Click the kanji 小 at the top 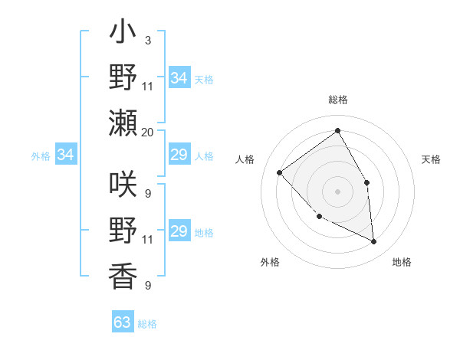(123, 36)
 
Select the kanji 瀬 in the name (123, 123)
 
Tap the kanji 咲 (123, 184)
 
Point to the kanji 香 (123, 273)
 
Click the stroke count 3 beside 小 (147, 40)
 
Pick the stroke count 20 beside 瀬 (147, 132)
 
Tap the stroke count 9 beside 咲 (147, 193)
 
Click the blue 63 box (123, 322)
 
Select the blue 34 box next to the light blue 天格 (179, 77)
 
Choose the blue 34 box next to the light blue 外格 (65, 155)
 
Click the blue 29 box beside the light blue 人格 (179, 155)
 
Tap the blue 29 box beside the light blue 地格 (179, 231)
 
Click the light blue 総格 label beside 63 (147, 324)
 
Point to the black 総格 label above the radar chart (337, 100)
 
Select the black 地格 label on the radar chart (402, 263)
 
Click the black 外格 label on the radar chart (270, 263)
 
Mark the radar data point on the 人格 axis (280, 172)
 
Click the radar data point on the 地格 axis (374, 242)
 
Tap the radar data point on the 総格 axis (337, 131)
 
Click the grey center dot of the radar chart (337, 191)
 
